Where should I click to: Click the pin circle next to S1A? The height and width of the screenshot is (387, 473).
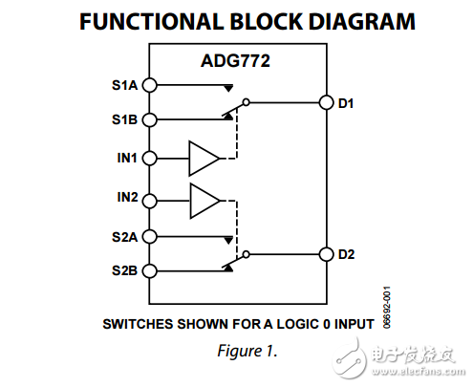coord(149,85)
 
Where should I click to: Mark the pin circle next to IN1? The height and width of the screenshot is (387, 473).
coord(149,158)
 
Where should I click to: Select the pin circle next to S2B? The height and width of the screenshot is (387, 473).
coord(149,270)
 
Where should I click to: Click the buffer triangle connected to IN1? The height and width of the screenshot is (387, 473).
coord(203,158)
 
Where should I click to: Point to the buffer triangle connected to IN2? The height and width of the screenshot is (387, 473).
coord(203,200)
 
